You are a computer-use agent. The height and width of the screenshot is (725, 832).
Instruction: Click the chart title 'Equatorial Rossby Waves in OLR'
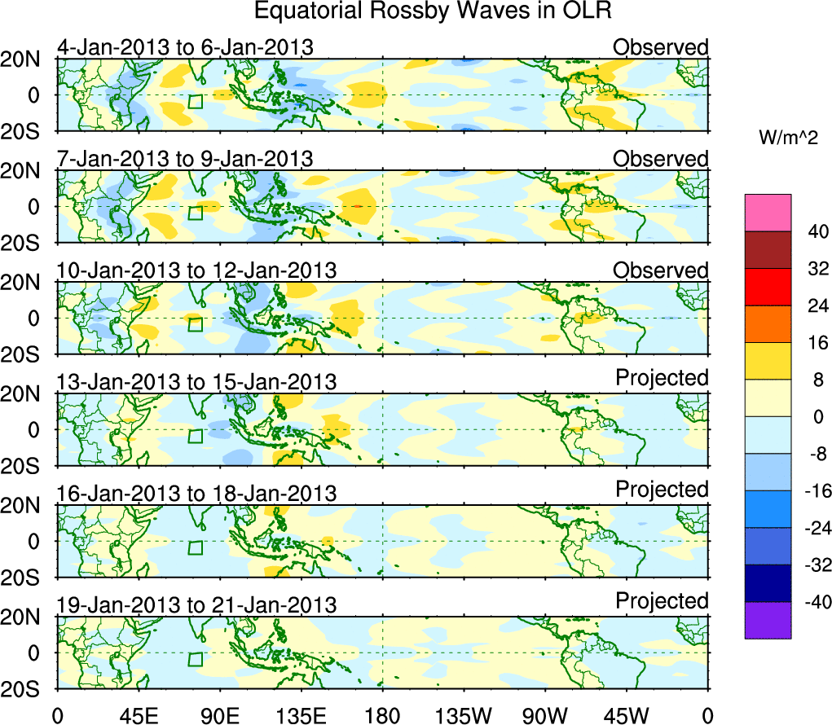point(433,11)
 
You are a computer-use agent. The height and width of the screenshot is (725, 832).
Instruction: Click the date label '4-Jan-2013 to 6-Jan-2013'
point(185,47)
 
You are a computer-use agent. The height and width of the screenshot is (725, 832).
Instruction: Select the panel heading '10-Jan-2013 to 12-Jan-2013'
point(196,270)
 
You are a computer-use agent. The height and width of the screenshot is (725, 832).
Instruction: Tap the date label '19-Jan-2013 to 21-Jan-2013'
point(196,605)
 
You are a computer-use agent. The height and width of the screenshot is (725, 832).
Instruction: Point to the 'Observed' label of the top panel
point(661,47)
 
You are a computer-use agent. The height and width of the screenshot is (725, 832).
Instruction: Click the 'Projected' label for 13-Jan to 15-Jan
point(662,378)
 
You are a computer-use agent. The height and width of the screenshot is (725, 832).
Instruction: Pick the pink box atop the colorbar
point(767,213)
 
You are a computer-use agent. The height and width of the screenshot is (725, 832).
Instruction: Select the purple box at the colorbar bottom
point(767,620)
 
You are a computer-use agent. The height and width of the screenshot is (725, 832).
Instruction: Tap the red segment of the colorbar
point(767,287)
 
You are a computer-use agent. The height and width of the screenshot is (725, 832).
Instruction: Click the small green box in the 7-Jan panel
point(195,213)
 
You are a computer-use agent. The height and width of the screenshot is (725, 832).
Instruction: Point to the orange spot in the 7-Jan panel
point(357,206)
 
